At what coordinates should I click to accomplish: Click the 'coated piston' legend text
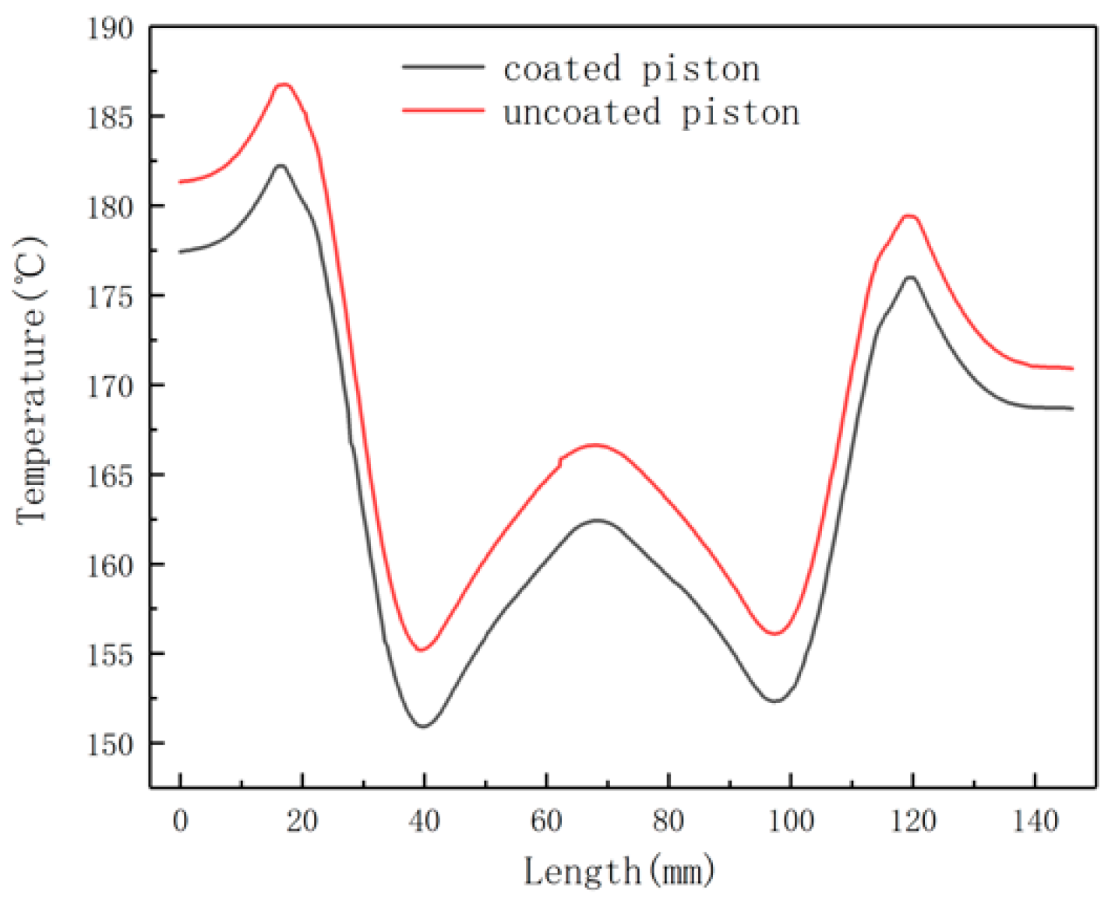click(631, 69)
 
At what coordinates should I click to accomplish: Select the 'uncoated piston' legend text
click(651, 113)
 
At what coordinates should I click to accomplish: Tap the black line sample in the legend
click(443, 68)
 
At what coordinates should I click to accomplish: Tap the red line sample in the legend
click(443, 111)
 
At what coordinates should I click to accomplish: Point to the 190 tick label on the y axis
click(110, 29)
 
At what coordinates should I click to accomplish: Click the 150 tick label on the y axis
click(110, 744)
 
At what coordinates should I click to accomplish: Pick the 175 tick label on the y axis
click(110, 297)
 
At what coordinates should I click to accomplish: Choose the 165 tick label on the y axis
click(110, 476)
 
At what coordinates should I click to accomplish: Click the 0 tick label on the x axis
click(180, 821)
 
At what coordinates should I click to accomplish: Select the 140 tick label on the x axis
click(1035, 821)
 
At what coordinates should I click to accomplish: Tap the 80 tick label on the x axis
click(669, 821)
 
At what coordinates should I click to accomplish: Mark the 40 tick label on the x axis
click(424, 821)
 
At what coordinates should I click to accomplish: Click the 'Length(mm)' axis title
click(619, 871)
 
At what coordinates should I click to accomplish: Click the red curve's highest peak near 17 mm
click(283, 84)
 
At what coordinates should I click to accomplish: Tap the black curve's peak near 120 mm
click(909, 276)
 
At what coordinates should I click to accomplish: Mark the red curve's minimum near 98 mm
click(775, 634)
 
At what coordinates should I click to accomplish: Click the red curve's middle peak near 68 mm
click(596, 445)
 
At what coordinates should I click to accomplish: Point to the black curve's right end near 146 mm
click(1072, 408)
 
